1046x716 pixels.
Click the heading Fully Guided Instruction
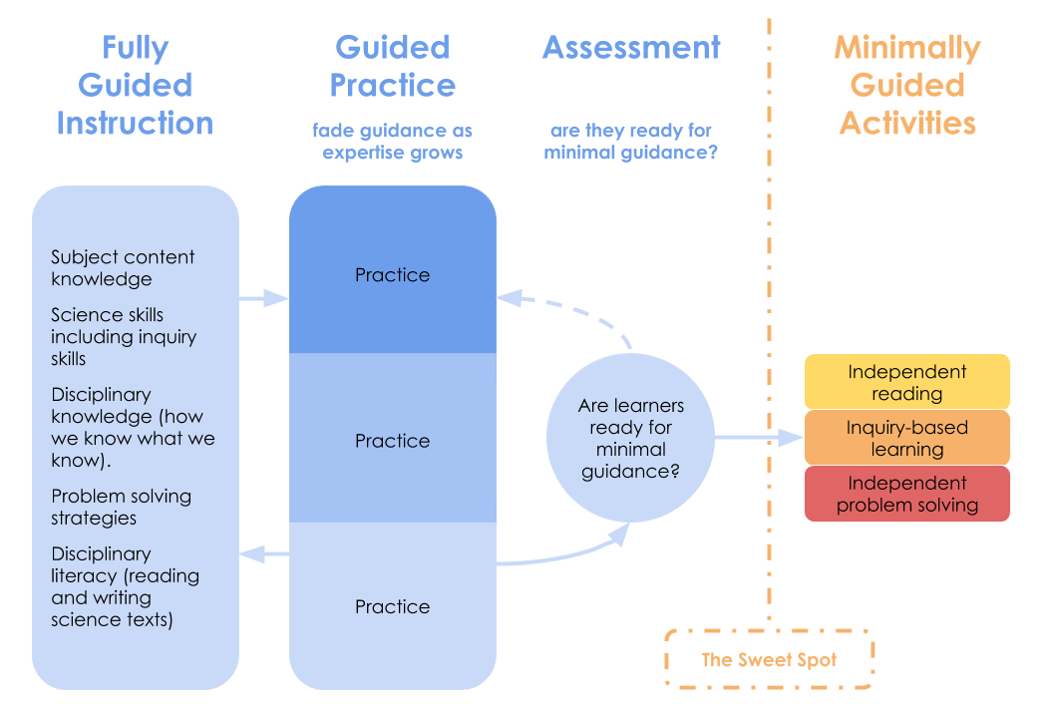(x=135, y=86)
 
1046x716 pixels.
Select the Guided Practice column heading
(x=393, y=67)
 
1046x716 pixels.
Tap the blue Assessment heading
(x=631, y=48)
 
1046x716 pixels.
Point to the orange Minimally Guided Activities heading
(x=907, y=86)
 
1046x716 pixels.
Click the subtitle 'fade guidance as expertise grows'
(x=393, y=142)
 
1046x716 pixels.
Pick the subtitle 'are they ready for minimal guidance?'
(x=631, y=142)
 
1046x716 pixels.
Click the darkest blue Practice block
(x=393, y=274)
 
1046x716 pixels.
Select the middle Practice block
(x=393, y=440)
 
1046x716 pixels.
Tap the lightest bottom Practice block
(x=393, y=606)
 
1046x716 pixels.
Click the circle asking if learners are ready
(x=630, y=438)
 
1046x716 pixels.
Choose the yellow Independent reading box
(x=907, y=382)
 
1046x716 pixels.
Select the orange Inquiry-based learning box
(x=907, y=438)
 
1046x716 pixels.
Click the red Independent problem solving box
(x=907, y=494)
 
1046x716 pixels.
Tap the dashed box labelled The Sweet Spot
(x=769, y=659)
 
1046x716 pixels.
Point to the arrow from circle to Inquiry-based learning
(x=758, y=438)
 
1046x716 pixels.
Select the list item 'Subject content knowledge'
(x=123, y=268)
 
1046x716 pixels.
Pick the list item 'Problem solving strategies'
(x=121, y=507)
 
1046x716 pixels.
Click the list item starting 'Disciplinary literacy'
(x=125, y=586)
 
